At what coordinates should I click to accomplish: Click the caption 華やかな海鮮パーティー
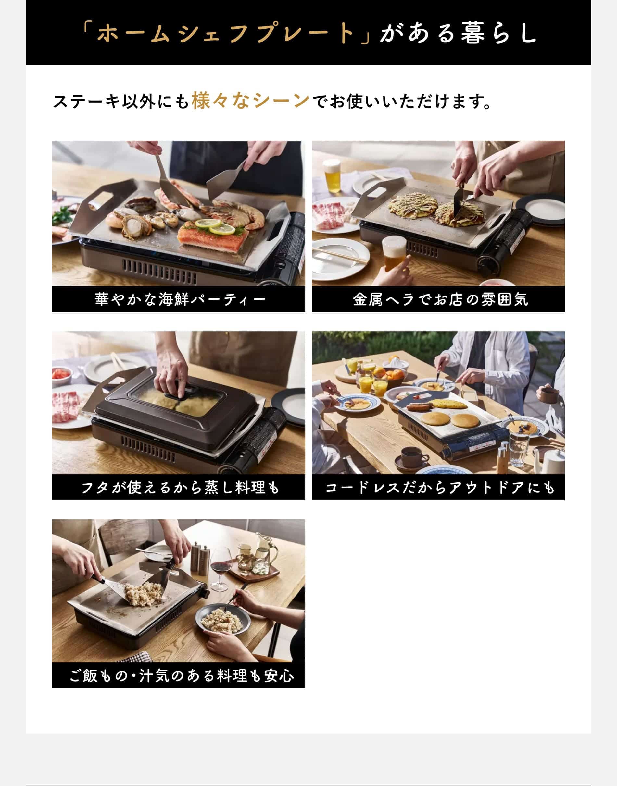[x=180, y=299]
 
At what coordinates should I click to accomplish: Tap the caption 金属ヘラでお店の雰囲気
[x=440, y=299]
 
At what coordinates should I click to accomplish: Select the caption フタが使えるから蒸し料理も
[x=180, y=488]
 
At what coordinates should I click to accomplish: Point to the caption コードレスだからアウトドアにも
[x=440, y=488]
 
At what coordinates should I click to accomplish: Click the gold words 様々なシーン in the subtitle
[x=250, y=101]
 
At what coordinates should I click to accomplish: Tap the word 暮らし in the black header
[x=499, y=33]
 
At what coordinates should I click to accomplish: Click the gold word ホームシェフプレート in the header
[x=226, y=33]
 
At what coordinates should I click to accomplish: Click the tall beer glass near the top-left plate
[x=332, y=177]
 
